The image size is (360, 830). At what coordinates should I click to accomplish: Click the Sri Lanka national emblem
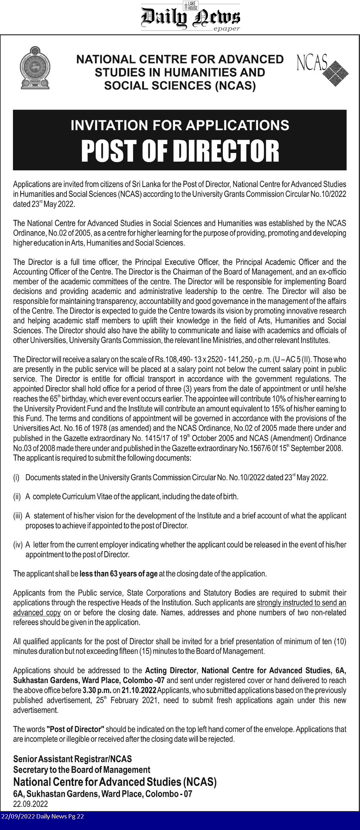tap(35, 68)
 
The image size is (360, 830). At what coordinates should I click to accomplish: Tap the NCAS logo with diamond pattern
tap(322, 70)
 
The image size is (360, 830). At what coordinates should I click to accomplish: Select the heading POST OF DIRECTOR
tap(180, 151)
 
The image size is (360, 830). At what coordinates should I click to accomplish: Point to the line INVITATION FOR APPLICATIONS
tap(180, 125)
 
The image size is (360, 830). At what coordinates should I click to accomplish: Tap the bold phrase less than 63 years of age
tap(118, 574)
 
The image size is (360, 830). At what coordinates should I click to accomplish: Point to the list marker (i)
tap(16, 477)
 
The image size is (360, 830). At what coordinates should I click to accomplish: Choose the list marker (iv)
tap(18, 544)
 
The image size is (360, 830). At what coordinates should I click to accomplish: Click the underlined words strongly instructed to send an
tap(301, 602)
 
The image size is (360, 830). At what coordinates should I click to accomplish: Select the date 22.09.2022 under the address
tap(31, 804)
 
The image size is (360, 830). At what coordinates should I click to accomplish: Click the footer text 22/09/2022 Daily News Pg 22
tap(42, 816)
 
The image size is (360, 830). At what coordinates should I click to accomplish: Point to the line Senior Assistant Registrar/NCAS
tap(72, 759)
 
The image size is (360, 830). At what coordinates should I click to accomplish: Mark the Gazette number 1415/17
tap(161, 438)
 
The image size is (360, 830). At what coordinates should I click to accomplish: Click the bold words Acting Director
tap(171, 670)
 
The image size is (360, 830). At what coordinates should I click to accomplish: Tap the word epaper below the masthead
tap(226, 29)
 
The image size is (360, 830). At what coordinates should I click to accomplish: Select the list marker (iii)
tap(18, 516)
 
